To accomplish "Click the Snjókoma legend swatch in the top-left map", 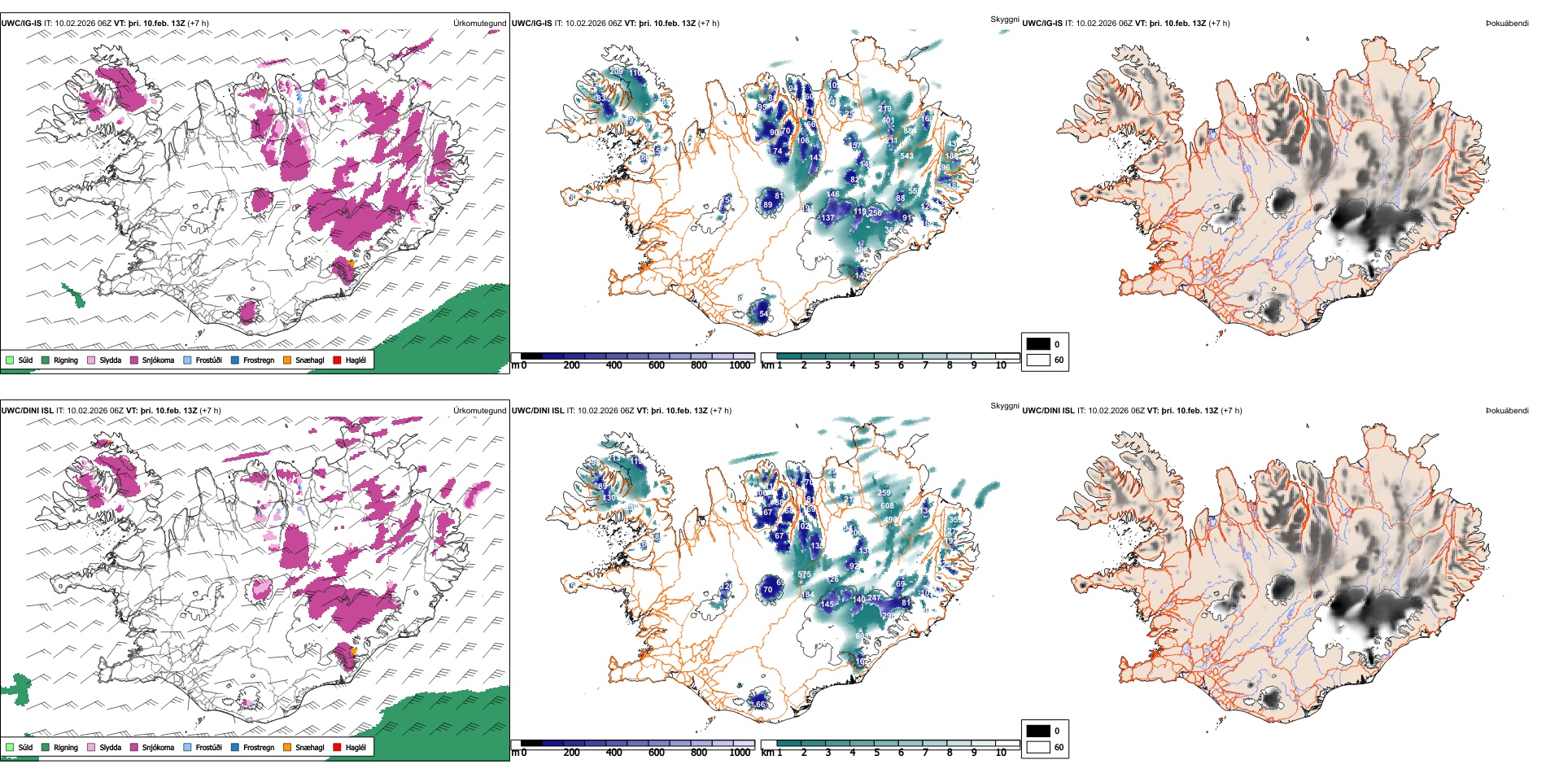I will tap(134, 360).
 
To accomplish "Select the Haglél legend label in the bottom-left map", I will tap(356, 747).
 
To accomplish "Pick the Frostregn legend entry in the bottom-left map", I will tap(258, 747).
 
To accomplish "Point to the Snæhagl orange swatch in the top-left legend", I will tap(287, 360).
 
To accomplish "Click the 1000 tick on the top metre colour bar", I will tap(739, 365).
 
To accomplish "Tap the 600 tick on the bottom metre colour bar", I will tap(656, 753).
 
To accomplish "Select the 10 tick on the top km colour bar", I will tap(1001, 365).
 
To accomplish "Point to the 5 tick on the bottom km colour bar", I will tap(876, 753).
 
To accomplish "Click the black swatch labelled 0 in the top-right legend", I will tap(1038, 344).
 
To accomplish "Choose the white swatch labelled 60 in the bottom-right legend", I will tap(1038, 747).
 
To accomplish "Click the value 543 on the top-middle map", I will tap(906, 155).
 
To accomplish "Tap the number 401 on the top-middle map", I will tap(889, 120).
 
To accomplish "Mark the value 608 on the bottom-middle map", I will tap(887, 505).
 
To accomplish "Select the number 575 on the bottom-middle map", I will tap(804, 574).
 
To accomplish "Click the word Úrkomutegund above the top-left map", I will tap(479, 23).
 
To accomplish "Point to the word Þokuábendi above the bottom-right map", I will tap(1507, 410).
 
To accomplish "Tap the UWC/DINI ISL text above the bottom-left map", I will tap(27, 410).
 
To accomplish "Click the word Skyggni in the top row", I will tap(1004, 19).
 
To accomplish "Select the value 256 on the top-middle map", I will tap(875, 212).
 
